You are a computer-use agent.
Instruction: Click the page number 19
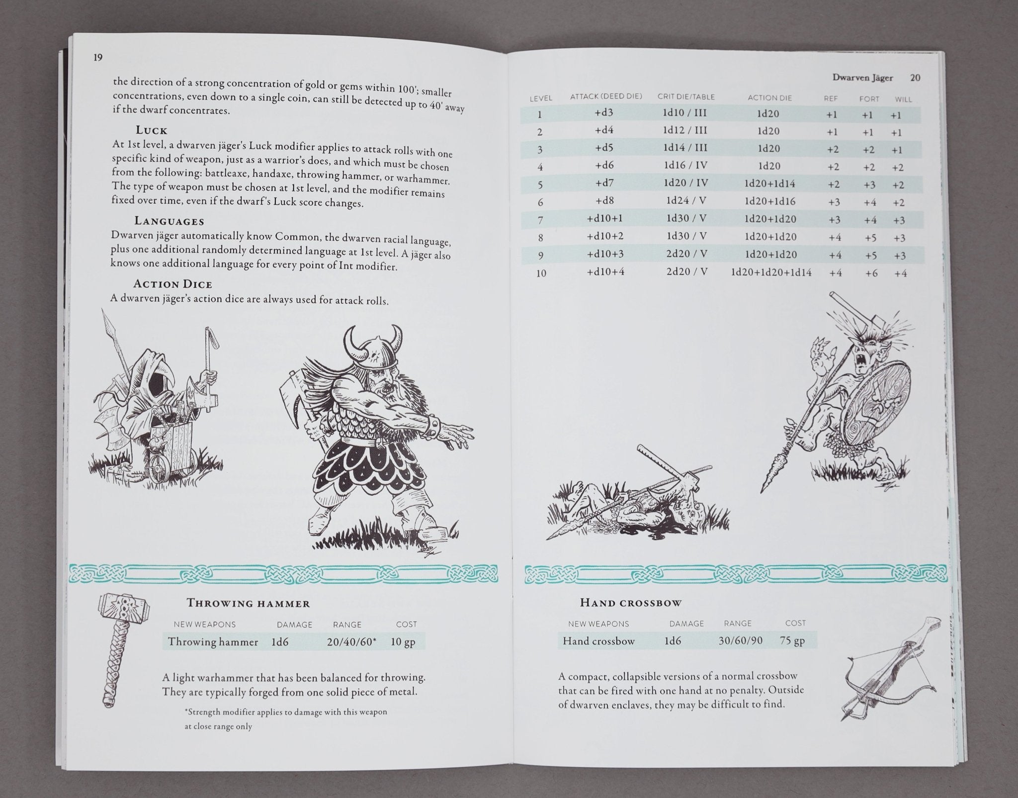coord(97,58)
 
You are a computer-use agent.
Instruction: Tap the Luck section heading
coord(152,130)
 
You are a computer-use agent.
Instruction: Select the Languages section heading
coord(169,221)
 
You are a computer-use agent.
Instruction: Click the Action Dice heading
coord(172,284)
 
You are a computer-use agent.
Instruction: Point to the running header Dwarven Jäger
coord(862,78)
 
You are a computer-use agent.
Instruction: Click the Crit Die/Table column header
coord(686,96)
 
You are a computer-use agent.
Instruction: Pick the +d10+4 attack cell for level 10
coord(605,272)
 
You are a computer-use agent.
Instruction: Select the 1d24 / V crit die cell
coord(686,201)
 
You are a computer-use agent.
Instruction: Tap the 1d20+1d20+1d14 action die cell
coord(771,272)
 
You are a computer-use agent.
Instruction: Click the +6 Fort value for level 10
coord(871,273)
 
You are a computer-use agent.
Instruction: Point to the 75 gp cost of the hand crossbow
coord(792,640)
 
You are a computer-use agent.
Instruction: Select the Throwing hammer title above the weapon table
coord(248,604)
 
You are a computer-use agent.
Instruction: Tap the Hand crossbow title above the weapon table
coord(631,603)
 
